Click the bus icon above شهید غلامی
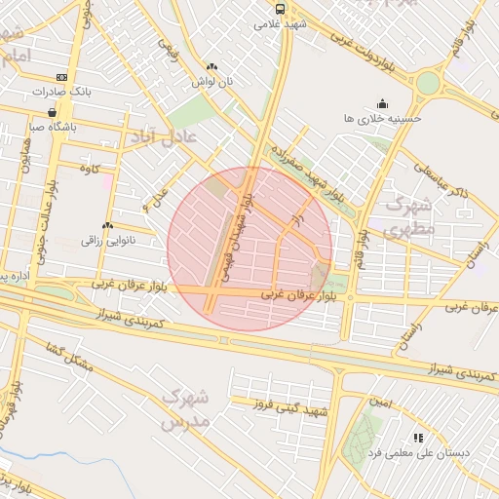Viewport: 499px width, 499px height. (x=281, y=8)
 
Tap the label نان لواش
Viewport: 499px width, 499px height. (x=212, y=83)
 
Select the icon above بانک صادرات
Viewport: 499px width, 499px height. (x=62, y=77)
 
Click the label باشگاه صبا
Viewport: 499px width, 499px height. (x=53, y=127)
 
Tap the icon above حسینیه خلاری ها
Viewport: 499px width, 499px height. (x=382, y=102)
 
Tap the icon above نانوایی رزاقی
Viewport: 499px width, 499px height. (x=106, y=226)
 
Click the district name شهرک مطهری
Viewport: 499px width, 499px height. (x=407, y=218)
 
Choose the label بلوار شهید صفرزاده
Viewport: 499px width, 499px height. (x=310, y=169)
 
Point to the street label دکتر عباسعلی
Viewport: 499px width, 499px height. (x=434, y=181)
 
